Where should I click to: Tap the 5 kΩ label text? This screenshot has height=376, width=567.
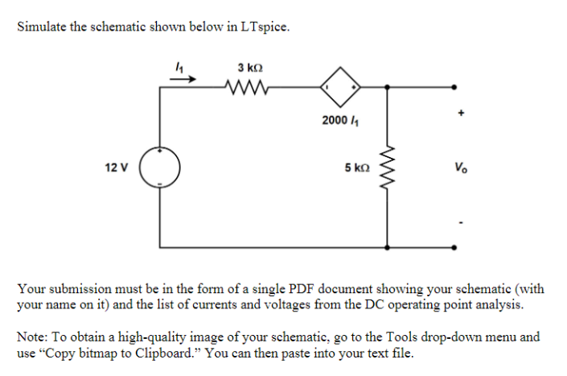(x=357, y=168)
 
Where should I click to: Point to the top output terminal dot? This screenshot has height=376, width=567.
(x=455, y=86)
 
